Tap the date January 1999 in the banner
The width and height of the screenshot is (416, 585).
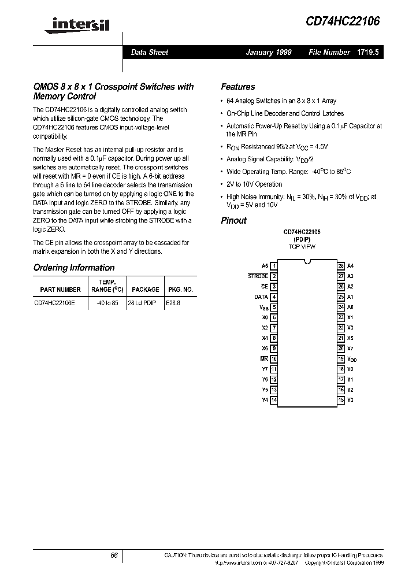[x=269, y=52]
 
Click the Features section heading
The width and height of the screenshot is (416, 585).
[x=237, y=87]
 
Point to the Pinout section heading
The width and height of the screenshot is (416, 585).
[x=233, y=220]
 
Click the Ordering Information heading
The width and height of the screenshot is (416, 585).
[x=74, y=268]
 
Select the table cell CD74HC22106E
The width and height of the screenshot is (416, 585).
[x=54, y=302]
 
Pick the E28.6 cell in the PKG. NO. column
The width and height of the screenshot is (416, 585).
[x=173, y=302]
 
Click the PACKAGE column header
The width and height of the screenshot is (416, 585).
[x=145, y=290]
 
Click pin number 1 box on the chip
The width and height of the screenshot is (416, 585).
[x=274, y=266]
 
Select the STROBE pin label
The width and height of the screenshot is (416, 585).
[x=258, y=276]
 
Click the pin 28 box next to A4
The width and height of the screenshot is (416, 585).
[x=341, y=266]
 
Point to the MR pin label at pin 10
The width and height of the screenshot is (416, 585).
[x=264, y=358]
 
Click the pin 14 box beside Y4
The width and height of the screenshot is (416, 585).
[x=274, y=400]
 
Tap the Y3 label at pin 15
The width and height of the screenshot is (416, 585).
[x=350, y=400]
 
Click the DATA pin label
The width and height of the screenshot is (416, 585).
[x=261, y=297]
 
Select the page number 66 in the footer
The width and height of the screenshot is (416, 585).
[x=114, y=556]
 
